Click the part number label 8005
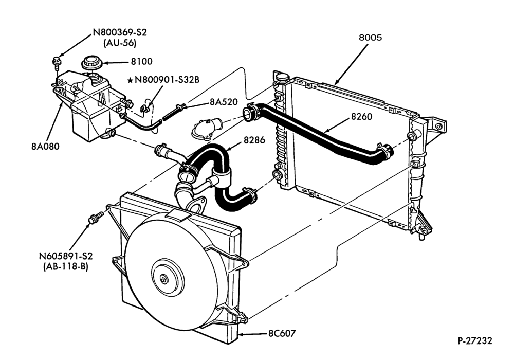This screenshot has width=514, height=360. tap(370, 38)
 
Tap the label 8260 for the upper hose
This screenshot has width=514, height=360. tap(361, 116)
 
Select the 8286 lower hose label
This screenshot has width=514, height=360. tap(254, 140)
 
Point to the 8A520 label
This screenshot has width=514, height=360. tap(224, 102)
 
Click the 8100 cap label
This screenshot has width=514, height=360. tap(142, 61)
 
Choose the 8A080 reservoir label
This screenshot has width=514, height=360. tap(46, 146)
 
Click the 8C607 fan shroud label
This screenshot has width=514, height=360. tap(282, 333)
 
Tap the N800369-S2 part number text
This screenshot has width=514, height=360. tap(120, 32)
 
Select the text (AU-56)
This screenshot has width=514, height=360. tap(120, 43)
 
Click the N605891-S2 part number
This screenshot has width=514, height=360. tap(66, 256)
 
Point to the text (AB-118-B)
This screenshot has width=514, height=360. tap(66, 266)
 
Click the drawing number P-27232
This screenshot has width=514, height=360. tap(475, 341)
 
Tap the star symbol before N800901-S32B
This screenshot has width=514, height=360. tap(130, 80)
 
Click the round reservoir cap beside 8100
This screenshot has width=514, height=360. tap(90, 63)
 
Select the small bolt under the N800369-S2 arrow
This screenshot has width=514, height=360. tap(56, 62)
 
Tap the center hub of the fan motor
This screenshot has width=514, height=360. tap(163, 280)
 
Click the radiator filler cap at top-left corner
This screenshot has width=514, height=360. tap(282, 77)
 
